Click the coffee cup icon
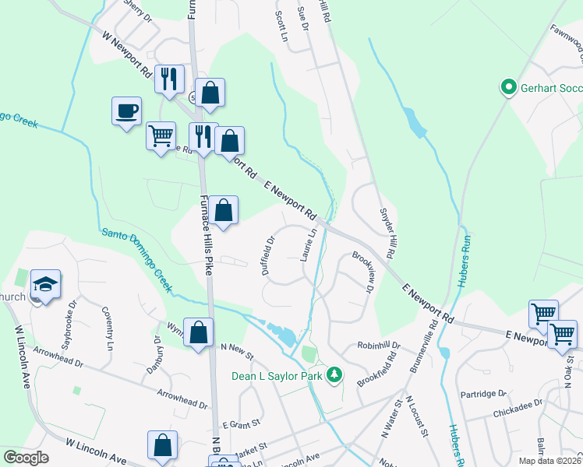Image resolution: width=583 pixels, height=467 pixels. (x=126, y=111)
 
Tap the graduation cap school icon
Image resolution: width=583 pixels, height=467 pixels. (x=46, y=285)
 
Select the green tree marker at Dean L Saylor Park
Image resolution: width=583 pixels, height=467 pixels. (x=334, y=375)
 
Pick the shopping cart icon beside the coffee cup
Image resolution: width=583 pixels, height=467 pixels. (x=161, y=135)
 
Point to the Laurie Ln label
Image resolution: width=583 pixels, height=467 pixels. (x=309, y=244)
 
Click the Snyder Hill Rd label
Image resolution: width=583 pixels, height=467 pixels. (x=385, y=233)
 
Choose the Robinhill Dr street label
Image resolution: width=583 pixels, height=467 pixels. (x=379, y=345)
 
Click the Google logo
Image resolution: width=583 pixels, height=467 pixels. (x=26, y=458)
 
